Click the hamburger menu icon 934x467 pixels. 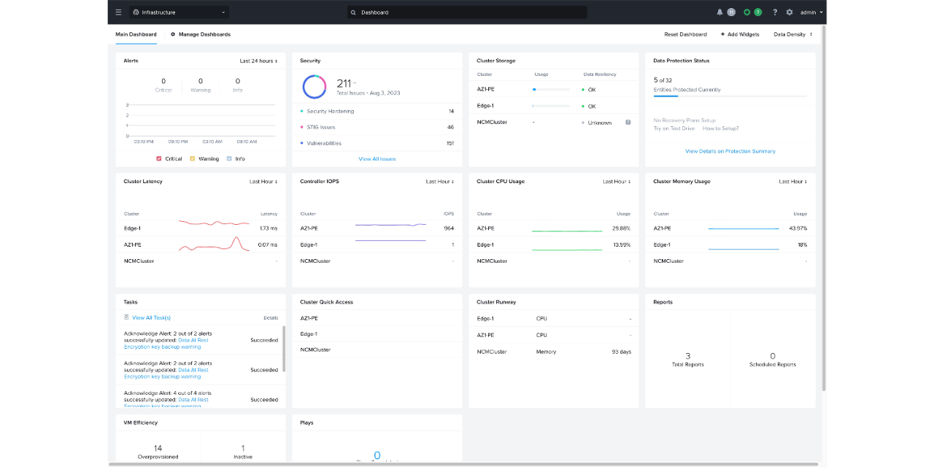(x=119, y=12)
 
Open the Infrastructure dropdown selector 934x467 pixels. (x=179, y=12)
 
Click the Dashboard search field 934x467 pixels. (x=467, y=12)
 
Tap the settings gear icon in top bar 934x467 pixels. (x=790, y=12)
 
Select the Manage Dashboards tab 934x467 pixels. (x=201, y=34)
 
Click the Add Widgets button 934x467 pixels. (x=740, y=34)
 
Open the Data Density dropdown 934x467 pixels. (x=793, y=34)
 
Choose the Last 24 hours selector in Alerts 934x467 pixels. (x=258, y=61)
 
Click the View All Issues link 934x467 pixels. (x=377, y=159)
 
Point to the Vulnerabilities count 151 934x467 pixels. (x=449, y=143)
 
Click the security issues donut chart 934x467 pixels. (x=314, y=87)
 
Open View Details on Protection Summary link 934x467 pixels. (x=730, y=152)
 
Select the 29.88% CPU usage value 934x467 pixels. (x=622, y=228)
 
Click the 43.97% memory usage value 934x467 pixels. (x=798, y=228)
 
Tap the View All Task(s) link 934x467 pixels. (x=151, y=318)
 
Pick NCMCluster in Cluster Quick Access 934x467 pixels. (x=315, y=350)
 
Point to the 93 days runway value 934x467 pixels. (x=621, y=352)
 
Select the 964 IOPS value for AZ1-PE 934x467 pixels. (x=449, y=228)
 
